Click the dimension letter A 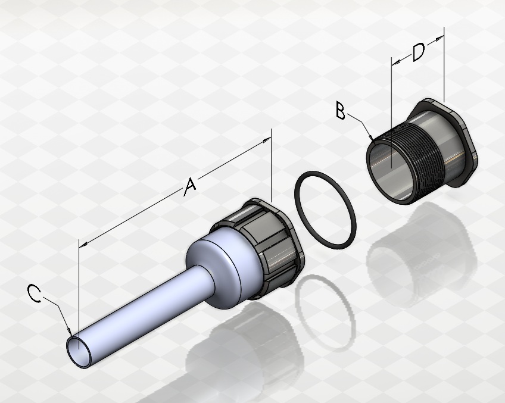(x=190, y=186)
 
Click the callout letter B (x=341, y=110)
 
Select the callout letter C (x=34, y=293)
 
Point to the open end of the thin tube (x=79, y=352)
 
